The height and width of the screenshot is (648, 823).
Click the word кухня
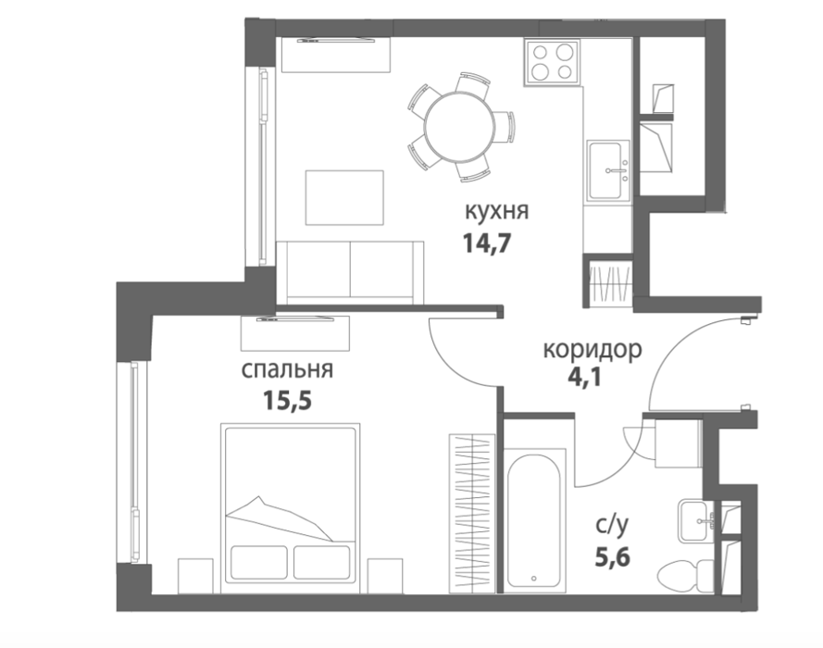coord(496,211)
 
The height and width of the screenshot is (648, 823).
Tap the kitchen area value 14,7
coord(487,243)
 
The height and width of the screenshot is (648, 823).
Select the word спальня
coord(287,369)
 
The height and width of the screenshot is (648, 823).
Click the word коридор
coord(592,350)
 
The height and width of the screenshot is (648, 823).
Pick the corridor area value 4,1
coord(584,378)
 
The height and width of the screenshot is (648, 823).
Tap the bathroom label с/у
coord(612,526)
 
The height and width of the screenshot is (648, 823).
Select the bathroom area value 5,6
coord(612,556)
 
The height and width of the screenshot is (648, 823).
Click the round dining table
coord(460,127)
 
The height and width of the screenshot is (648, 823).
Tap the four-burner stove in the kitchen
coord(551,62)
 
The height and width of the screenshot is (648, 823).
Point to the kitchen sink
coord(608,170)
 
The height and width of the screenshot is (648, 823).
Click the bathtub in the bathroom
coord(534,520)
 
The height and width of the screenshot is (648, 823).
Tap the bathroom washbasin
coord(696,521)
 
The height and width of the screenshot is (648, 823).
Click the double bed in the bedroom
coord(291,504)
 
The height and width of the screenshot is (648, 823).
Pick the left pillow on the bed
coord(259,562)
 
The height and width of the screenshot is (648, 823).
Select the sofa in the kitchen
coord(350,272)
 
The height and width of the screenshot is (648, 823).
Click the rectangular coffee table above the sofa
coord(344,198)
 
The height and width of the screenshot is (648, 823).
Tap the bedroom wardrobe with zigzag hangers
coord(472,514)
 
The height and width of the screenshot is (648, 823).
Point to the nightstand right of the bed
coord(385,576)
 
